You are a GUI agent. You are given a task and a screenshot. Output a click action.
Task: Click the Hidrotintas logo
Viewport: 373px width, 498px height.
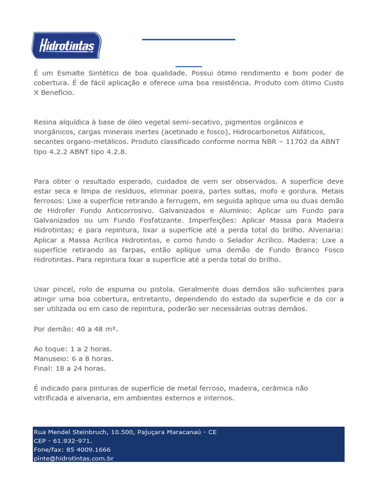point(66,45)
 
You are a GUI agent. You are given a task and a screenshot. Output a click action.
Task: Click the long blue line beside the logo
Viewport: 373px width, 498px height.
point(188,39)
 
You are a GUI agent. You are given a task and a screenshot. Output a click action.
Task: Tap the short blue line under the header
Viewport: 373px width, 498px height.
point(188,66)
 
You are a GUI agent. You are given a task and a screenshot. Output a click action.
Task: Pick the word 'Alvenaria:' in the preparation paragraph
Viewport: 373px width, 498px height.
point(325,230)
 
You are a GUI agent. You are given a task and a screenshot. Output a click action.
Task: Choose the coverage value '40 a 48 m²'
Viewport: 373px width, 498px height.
point(96,329)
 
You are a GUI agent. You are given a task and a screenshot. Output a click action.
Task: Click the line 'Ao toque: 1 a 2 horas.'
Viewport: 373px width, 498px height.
point(73,349)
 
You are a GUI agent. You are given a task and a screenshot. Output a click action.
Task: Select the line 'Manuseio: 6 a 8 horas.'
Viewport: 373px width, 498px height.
point(73,358)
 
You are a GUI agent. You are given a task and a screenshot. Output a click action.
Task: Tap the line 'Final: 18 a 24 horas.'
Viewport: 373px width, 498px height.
point(70,368)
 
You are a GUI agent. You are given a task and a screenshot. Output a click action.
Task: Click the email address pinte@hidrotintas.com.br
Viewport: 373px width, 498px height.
point(73,459)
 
